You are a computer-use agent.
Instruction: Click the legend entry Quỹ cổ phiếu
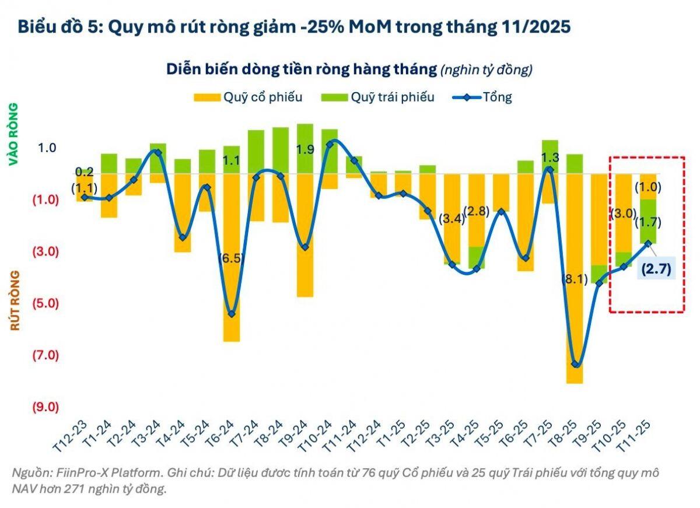pos(248,97)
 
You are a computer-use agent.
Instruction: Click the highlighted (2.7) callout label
pos(656,269)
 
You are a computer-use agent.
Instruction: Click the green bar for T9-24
pos(305,148)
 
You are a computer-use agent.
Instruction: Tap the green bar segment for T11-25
pos(648,222)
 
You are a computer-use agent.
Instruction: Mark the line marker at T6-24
pos(232,314)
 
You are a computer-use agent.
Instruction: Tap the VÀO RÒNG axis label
pos(13,135)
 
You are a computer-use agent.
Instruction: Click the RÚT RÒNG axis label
pos(15,300)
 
